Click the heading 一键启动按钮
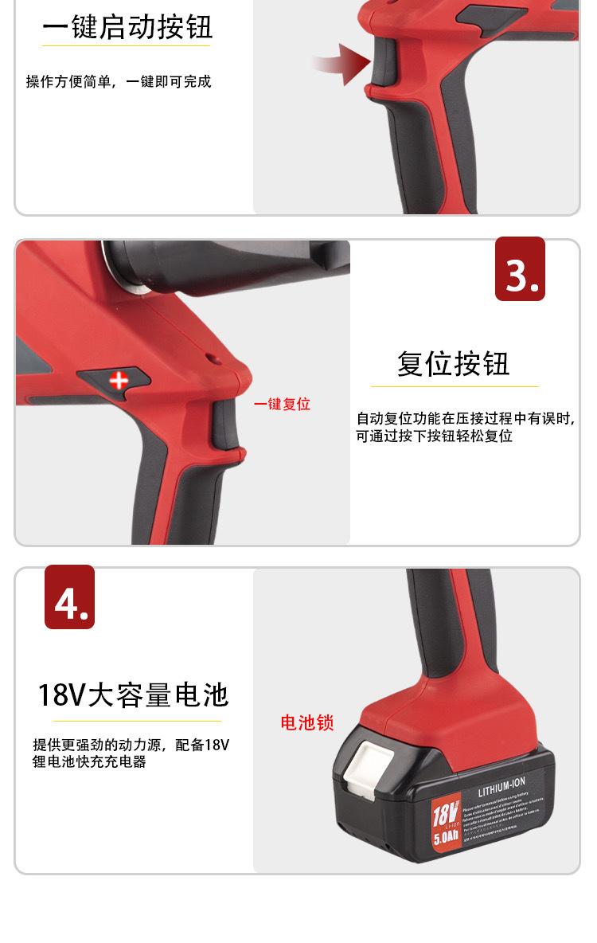click(127, 28)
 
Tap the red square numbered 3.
click(520, 269)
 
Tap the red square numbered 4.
click(69, 597)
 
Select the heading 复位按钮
click(454, 364)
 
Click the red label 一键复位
click(282, 405)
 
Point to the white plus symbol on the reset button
click(119, 380)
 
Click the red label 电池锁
click(307, 723)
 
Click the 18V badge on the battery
click(446, 813)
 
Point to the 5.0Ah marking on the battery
click(446, 837)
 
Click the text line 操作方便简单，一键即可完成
click(119, 82)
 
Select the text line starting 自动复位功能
click(465, 419)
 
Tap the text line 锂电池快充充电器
click(89, 762)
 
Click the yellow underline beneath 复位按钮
click(454, 387)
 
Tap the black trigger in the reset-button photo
click(223, 421)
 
